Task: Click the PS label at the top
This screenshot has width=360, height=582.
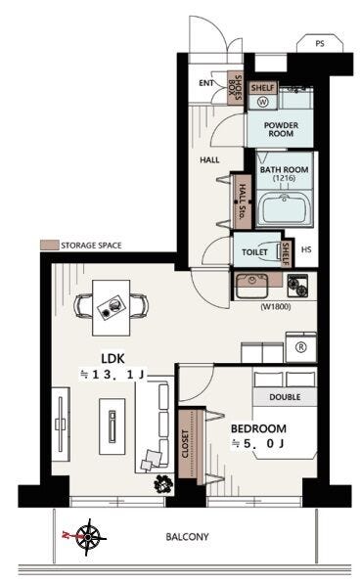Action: point(320,43)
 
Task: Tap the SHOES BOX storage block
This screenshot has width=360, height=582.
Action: point(235,88)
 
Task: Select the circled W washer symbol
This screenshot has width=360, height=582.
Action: point(263,102)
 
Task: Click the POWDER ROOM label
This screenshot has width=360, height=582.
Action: point(281,129)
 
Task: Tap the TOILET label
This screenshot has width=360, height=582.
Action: point(254,252)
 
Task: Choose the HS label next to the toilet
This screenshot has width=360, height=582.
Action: point(306,249)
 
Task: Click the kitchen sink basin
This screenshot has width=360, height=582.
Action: point(251,287)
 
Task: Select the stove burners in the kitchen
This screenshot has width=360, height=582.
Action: point(297,285)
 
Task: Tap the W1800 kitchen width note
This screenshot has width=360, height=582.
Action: point(276,306)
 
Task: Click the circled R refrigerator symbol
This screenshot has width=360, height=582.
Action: point(301,347)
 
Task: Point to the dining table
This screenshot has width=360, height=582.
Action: point(112,308)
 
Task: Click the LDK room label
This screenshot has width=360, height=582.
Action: point(112,359)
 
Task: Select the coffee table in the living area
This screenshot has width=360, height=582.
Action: point(112,426)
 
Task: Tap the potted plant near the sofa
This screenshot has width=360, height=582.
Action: point(163,483)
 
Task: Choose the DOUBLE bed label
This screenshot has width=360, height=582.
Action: point(285,397)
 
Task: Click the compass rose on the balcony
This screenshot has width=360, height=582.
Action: point(88,537)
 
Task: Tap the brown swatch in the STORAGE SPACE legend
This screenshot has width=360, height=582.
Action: point(49,245)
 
